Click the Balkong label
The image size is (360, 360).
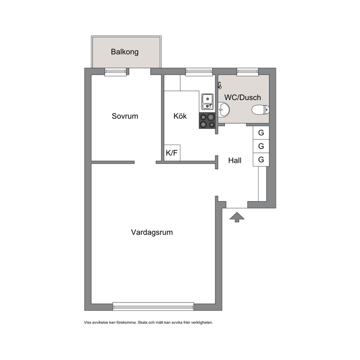(125, 52)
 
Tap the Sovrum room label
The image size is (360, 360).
(125, 116)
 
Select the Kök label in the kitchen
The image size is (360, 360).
(180, 116)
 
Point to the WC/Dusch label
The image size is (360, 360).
(242, 97)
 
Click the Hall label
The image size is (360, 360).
(235, 160)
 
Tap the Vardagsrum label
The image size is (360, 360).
(152, 232)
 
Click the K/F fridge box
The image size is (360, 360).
(172, 153)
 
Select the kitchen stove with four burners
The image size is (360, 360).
(207, 121)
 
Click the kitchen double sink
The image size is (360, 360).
(208, 101)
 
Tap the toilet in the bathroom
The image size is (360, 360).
(260, 110)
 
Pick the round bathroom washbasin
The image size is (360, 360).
(224, 110)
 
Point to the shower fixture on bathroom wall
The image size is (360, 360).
(220, 85)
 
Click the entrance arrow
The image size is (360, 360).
(237, 217)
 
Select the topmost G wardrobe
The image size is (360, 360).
(261, 133)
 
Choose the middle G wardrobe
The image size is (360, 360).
(261, 146)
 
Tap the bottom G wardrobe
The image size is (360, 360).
(261, 160)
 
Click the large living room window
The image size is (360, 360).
(153, 307)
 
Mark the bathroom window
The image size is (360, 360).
(247, 72)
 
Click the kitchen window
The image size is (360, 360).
(199, 72)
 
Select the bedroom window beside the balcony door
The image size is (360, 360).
(115, 72)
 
